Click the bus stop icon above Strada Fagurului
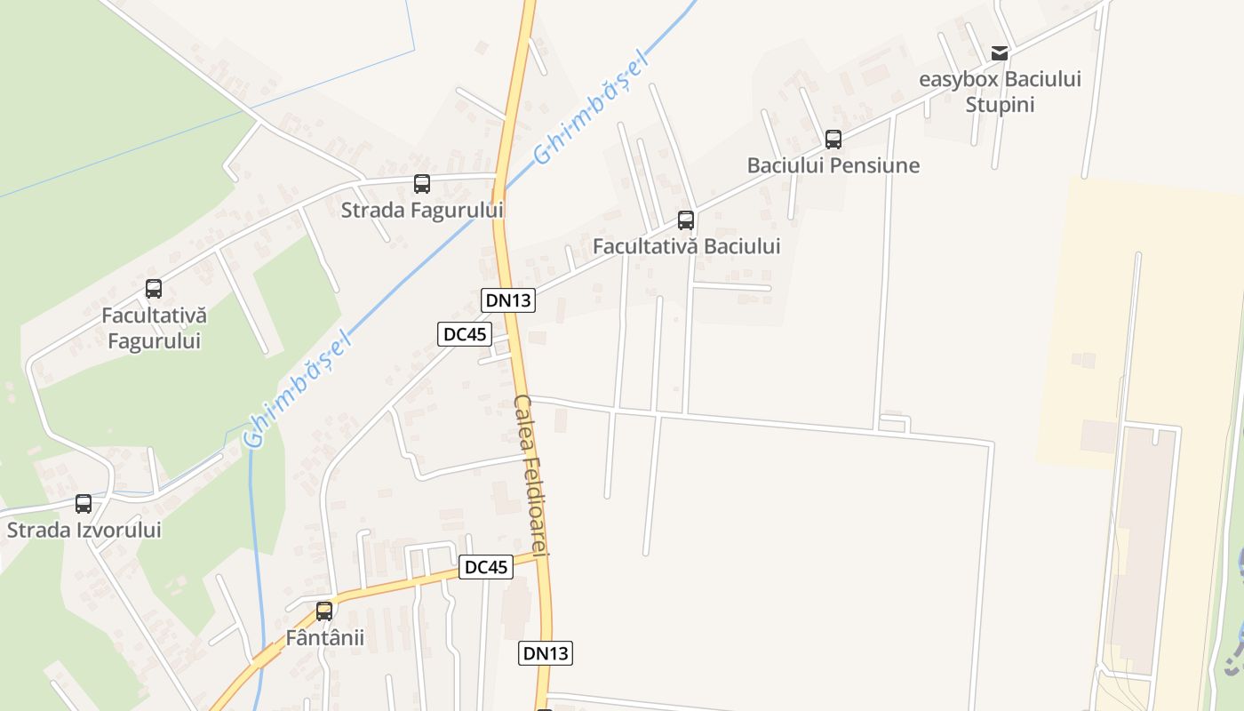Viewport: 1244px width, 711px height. tap(422, 184)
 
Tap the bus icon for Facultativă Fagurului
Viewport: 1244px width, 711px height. tap(154, 289)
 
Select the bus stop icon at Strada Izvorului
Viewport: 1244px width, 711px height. tap(84, 504)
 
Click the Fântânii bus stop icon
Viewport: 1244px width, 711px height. tap(324, 611)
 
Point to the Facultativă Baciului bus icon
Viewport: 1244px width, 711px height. tap(686, 220)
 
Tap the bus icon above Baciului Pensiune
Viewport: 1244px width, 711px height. tap(833, 140)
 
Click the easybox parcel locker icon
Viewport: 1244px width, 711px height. tap(1000, 53)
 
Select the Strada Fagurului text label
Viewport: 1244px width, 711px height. tap(422, 211)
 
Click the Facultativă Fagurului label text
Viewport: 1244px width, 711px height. tap(154, 328)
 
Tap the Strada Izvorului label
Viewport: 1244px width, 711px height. tap(84, 531)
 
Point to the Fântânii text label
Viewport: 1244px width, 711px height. tap(324, 638)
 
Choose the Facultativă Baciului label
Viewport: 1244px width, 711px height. tap(686, 246)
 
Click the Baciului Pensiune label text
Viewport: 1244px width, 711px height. tap(833, 165)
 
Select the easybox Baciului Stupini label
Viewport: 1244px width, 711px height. tap(1000, 92)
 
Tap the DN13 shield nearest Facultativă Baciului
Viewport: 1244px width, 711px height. tap(508, 300)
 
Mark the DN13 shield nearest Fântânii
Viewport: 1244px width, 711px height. tap(546, 653)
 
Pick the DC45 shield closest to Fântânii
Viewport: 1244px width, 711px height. tap(486, 567)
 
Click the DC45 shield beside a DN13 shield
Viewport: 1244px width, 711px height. tap(465, 334)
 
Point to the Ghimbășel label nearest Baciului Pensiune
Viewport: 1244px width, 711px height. tap(593, 109)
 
